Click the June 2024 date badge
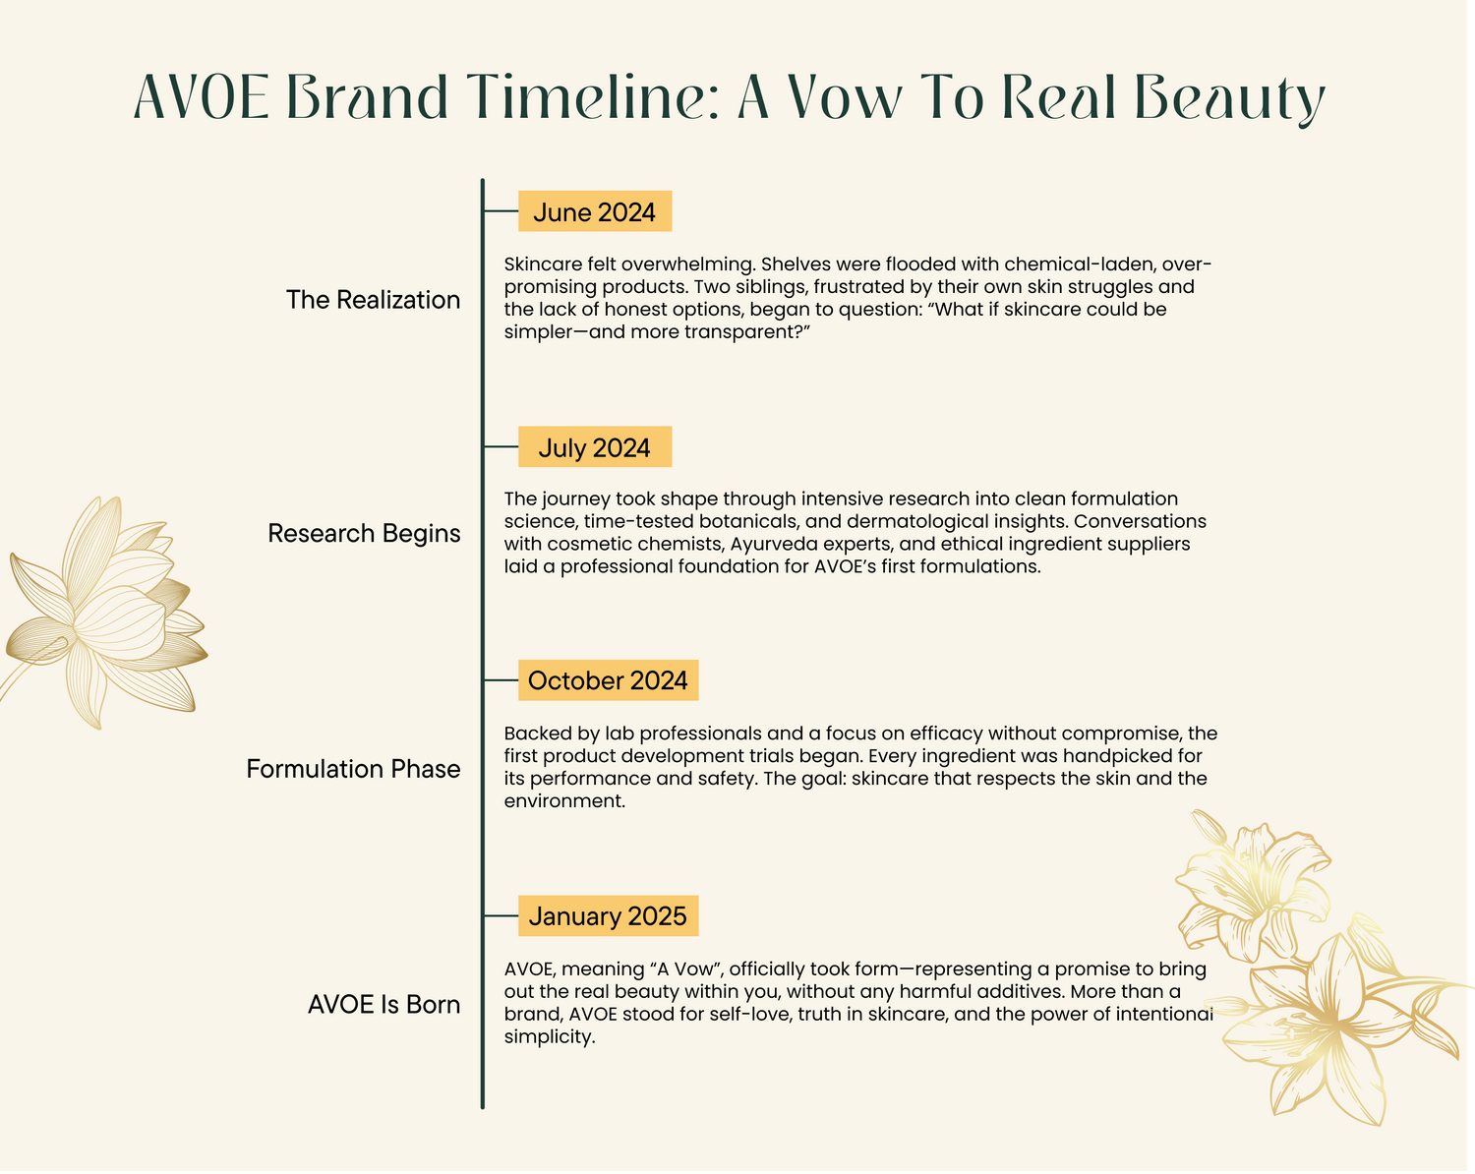[x=595, y=211]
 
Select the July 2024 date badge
[x=595, y=446]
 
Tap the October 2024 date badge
[x=608, y=680]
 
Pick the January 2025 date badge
[x=608, y=915]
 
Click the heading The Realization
[x=373, y=300]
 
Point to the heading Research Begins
[x=364, y=534]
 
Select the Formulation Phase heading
[x=353, y=769]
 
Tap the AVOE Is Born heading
[x=383, y=1005]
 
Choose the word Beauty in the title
[x=1229, y=99]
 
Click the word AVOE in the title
[x=201, y=97]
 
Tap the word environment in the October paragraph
[x=564, y=801]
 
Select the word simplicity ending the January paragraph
[x=550, y=1037]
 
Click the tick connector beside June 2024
[x=501, y=211]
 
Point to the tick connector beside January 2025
[x=501, y=915]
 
